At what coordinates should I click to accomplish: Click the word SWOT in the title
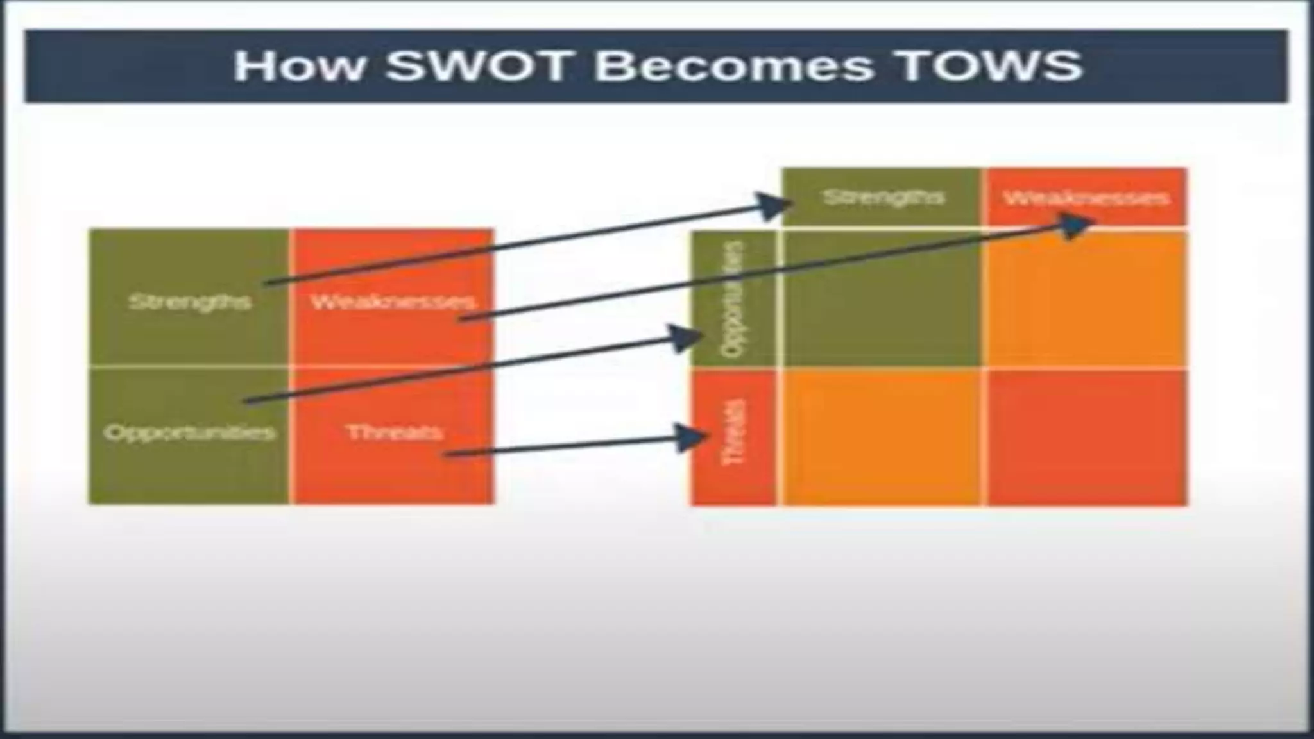pos(478,65)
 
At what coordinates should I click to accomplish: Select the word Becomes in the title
pos(734,65)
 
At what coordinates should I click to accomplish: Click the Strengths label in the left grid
pos(189,302)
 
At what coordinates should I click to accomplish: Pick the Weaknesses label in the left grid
pos(393,302)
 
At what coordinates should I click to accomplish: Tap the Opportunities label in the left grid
pos(189,432)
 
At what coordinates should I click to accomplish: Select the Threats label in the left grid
pos(394,432)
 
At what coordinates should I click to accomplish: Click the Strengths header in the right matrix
pos(883,196)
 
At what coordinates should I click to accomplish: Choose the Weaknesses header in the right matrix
pos(1086,198)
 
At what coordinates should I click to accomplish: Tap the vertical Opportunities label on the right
pos(733,299)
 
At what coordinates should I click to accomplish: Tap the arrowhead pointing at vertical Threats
pos(692,437)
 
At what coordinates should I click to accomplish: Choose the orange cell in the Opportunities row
pos(1086,299)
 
